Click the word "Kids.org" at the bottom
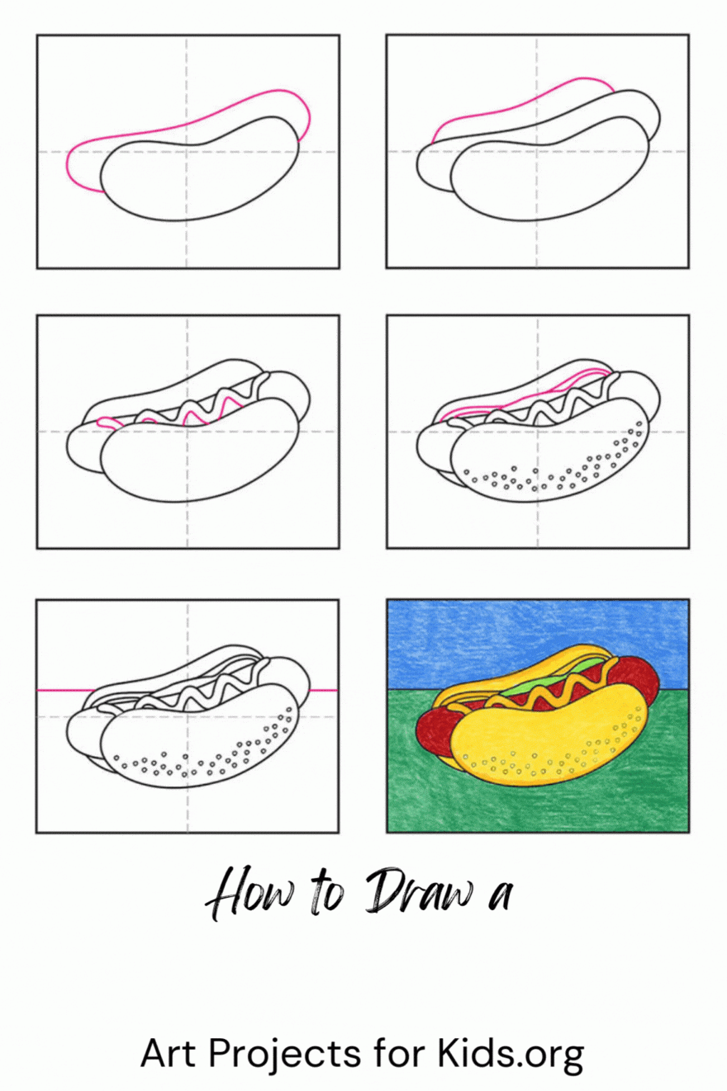click(510, 1054)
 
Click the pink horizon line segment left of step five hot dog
click(66, 690)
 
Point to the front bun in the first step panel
click(200, 168)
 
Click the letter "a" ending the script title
click(501, 895)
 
